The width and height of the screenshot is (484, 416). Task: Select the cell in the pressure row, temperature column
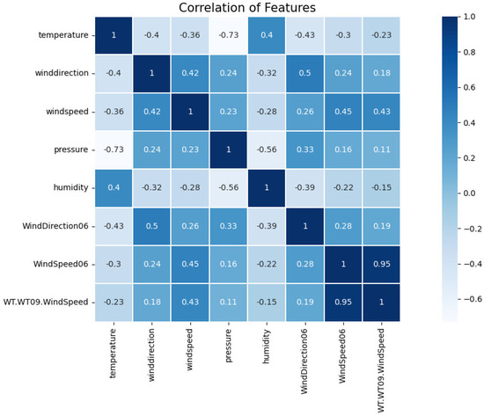[x=114, y=149]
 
